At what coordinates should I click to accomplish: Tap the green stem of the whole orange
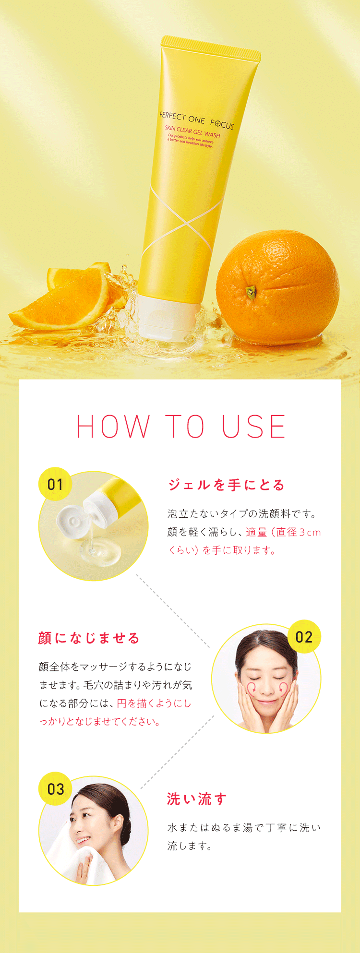click(251, 290)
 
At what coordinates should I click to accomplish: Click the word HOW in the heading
click(113, 427)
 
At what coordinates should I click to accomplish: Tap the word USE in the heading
click(253, 427)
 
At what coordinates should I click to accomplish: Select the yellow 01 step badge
click(55, 484)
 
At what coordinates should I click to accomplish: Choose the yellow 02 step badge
click(304, 637)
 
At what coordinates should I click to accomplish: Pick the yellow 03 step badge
click(55, 789)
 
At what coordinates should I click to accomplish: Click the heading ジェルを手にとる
click(226, 485)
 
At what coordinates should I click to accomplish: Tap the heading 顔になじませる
click(89, 638)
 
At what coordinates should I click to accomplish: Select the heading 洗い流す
click(196, 799)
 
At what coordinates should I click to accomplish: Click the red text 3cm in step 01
click(310, 532)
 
